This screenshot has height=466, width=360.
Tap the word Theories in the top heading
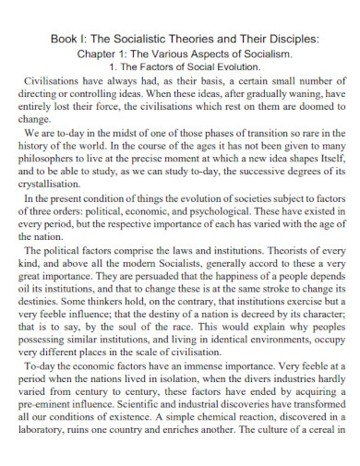[x=162, y=39]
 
